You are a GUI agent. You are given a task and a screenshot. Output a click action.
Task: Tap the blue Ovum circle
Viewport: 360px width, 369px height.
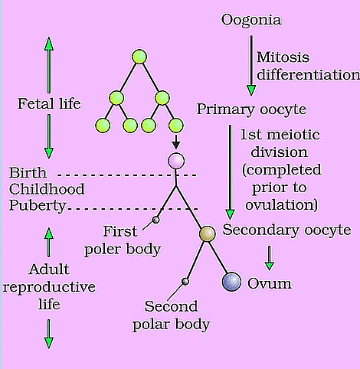tap(231, 282)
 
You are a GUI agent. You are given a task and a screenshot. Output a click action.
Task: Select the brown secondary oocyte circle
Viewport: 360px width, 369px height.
tap(208, 234)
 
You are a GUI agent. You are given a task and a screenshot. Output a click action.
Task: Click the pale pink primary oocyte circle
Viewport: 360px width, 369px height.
tap(177, 162)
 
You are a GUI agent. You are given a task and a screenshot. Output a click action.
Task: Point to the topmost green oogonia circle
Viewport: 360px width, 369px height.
tap(139, 57)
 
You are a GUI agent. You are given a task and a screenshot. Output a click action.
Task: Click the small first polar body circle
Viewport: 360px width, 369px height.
tap(156, 220)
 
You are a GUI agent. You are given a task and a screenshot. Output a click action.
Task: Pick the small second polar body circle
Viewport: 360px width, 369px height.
tap(185, 281)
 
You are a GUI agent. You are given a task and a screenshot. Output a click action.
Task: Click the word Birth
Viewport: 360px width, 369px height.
tap(26, 171)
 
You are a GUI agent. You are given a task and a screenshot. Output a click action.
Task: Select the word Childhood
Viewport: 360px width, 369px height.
tap(46, 188)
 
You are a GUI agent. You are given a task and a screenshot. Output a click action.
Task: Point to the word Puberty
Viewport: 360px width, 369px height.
tap(37, 205)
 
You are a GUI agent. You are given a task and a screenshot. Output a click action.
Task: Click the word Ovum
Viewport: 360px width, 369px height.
tap(265, 284)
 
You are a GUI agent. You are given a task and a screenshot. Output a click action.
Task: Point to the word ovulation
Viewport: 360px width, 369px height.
tap(283, 205)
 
